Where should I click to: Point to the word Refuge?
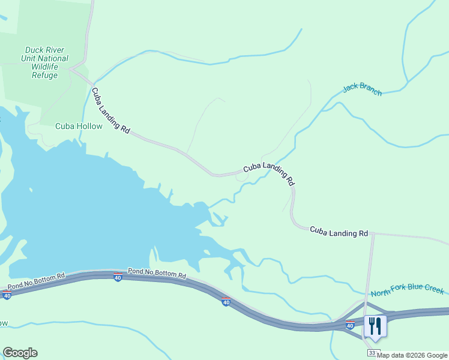(46, 76)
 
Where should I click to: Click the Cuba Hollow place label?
(79, 126)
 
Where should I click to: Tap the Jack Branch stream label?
(362, 89)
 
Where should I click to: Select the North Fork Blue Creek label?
(407, 292)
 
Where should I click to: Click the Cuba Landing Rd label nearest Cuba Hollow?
(110, 110)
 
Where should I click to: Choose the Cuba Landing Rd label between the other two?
(270, 172)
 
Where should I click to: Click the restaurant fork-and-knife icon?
(375, 326)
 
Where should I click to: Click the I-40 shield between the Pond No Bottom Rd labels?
(117, 277)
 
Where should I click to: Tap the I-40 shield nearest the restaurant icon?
(350, 325)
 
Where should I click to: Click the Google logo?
(20, 353)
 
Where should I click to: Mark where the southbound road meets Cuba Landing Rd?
(373, 233)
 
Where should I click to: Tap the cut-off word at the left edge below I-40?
(3, 323)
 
